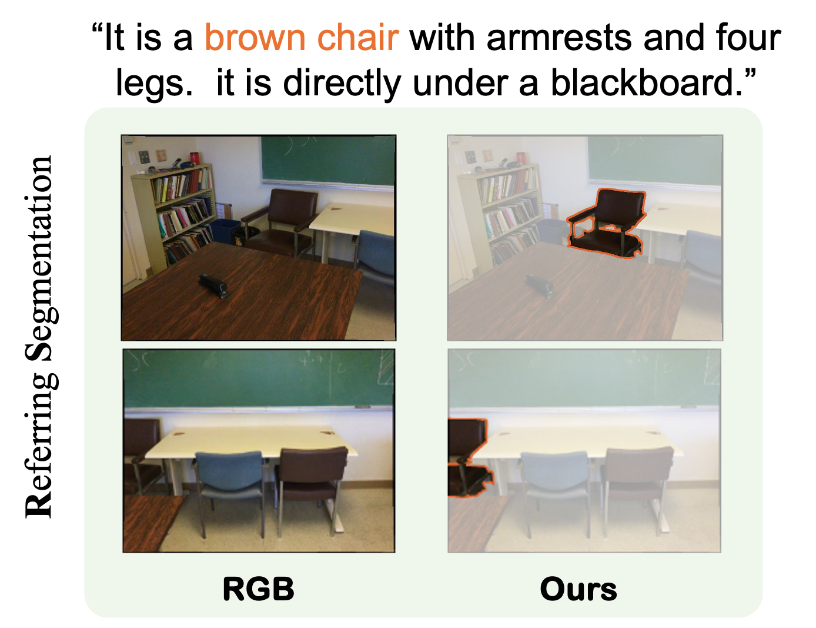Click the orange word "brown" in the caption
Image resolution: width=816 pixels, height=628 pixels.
tap(255, 38)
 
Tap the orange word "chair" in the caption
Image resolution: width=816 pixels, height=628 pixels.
tap(357, 38)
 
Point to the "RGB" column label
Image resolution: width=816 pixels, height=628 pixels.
tap(258, 589)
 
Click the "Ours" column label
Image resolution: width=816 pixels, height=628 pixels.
tap(578, 589)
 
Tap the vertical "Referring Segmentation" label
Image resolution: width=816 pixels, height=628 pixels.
tap(41, 337)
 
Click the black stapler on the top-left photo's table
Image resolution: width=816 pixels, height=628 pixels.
tap(213, 285)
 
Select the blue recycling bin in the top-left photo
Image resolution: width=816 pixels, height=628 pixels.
tap(225, 232)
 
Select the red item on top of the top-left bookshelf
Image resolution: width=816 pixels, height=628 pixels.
tap(194, 158)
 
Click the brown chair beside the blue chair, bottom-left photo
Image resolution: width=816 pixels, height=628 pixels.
tap(312, 489)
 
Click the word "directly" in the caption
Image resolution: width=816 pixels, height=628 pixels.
tap(342, 84)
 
